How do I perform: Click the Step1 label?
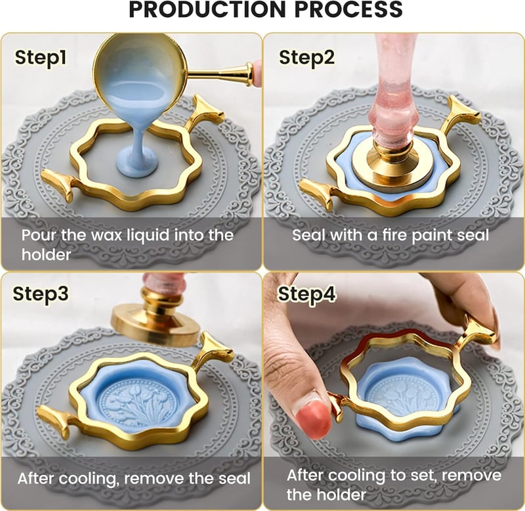pyautogui.click(x=41, y=58)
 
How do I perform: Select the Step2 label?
pyautogui.click(x=306, y=58)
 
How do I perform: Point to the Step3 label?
pyautogui.click(x=41, y=294)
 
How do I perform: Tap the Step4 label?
pyautogui.click(x=306, y=294)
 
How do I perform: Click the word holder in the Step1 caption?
pyautogui.click(x=46, y=255)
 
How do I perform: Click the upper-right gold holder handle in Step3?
pyautogui.click(x=215, y=350)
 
